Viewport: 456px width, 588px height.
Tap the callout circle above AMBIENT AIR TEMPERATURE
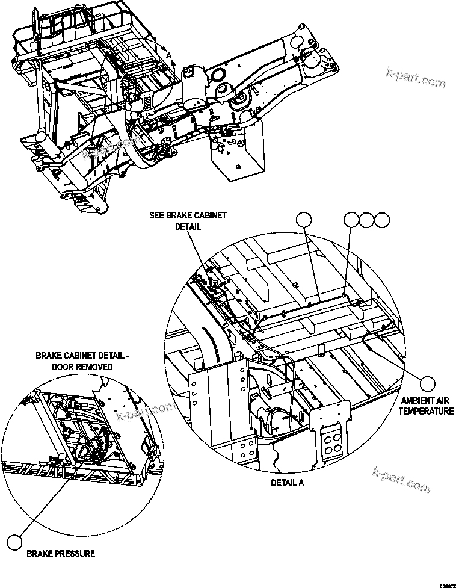pyautogui.click(x=427, y=383)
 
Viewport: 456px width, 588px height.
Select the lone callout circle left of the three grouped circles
pyautogui.click(x=306, y=220)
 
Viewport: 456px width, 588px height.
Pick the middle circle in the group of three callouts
pyautogui.click(x=366, y=220)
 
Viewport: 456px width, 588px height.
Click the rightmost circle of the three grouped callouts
pyautogui.click(x=382, y=220)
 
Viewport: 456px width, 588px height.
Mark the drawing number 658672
pyautogui.click(x=446, y=584)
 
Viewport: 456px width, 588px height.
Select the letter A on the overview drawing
pyautogui.click(x=170, y=55)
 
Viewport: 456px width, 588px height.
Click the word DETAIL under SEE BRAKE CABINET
pyautogui.click(x=188, y=227)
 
